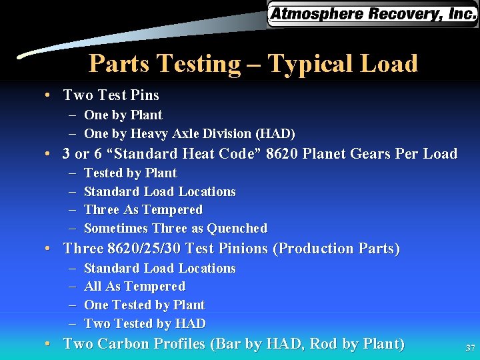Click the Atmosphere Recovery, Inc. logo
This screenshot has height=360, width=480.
click(x=372, y=14)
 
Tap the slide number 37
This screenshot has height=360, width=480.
click(x=469, y=349)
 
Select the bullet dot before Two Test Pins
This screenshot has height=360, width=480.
click(x=49, y=95)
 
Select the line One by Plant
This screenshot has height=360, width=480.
click(x=123, y=115)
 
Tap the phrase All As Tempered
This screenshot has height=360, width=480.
click(x=134, y=287)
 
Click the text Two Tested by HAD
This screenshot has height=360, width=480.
click(x=145, y=324)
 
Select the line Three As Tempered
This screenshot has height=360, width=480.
click(x=143, y=210)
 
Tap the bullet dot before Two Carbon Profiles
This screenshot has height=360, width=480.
click(x=49, y=345)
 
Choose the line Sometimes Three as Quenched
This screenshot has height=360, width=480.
click(x=175, y=229)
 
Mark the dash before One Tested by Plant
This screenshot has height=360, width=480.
click(x=71, y=305)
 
